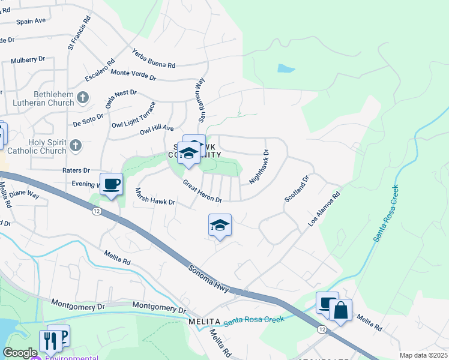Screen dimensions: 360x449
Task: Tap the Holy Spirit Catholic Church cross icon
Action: click(76, 145)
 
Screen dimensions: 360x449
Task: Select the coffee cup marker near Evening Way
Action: click(111, 184)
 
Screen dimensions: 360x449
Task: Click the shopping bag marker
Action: click(340, 311)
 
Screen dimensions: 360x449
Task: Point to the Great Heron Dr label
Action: click(202, 191)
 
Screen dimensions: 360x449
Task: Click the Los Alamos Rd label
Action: click(324, 209)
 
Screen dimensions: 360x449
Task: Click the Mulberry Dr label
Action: click(28, 60)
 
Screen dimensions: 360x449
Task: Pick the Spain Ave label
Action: click(31, 21)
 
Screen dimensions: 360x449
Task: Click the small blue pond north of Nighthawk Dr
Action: click(286, 68)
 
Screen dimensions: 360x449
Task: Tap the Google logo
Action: click(20, 353)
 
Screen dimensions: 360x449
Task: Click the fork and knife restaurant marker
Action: click(49, 340)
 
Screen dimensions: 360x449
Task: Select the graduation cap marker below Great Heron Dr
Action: click(220, 226)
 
